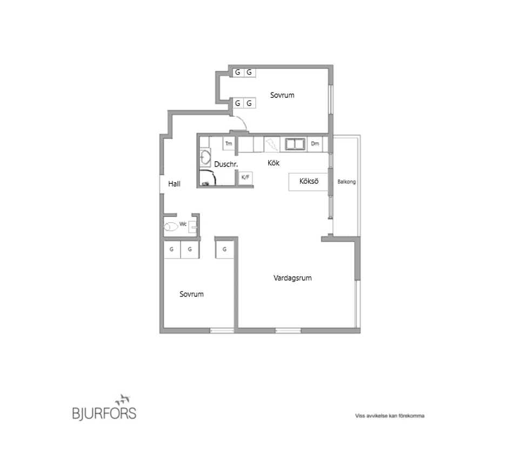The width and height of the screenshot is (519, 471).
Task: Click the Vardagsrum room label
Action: pyautogui.click(x=292, y=278)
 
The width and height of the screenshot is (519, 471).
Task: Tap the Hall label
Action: pyautogui.click(x=174, y=184)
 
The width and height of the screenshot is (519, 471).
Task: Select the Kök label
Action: pyautogui.click(x=274, y=162)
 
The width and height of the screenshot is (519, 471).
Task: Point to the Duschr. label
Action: pyautogui.click(x=226, y=164)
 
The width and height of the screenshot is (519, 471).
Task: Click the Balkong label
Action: pyautogui.click(x=346, y=182)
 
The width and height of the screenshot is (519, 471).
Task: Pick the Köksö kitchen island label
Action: pyautogui.click(x=309, y=182)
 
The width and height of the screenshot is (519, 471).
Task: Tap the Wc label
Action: pyautogui.click(x=183, y=224)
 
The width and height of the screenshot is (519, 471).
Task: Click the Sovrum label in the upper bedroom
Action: pyautogui.click(x=282, y=95)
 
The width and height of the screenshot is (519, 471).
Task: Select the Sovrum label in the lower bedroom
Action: pyautogui.click(x=191, y=294)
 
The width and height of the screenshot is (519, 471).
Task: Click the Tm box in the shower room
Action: pyautogui.click(x=229, y=144)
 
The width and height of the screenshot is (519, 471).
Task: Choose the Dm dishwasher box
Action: pyautogui.click(x=315, y=144)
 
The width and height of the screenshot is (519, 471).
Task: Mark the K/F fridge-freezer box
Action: pyautogui.click(x=245, y=177)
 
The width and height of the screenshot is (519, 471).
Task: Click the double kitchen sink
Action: pyautogui.click(x=295, y=144)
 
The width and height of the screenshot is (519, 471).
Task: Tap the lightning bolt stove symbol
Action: pyautogui.click(x=271, y=144)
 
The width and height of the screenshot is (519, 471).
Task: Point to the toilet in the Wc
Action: pyautogui.click(x=171, y=227)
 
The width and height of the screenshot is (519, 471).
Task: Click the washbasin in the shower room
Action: pyautogui.click(x=205, y=157)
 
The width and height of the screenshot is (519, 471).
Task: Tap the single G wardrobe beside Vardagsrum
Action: pyautogui.click(x=224, y=249)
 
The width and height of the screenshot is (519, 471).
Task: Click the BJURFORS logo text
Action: pyautogui.click(x=104, y=414)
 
